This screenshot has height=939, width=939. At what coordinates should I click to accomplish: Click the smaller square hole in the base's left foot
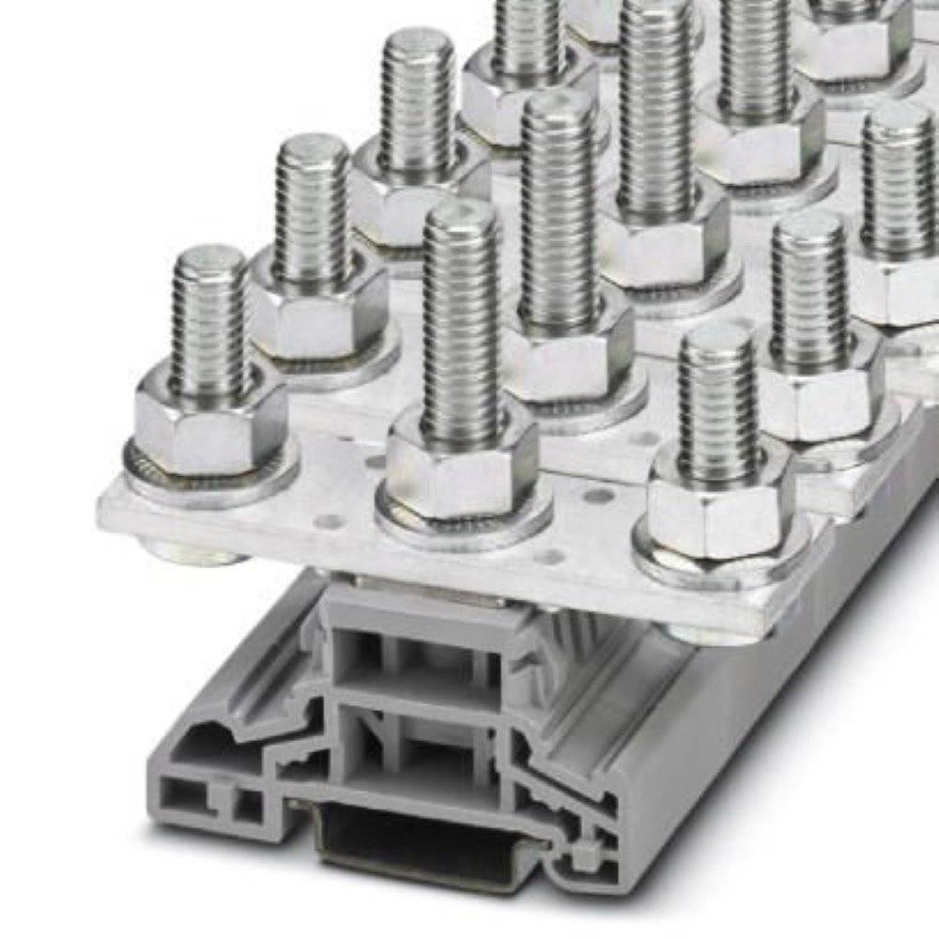point(248,804)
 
